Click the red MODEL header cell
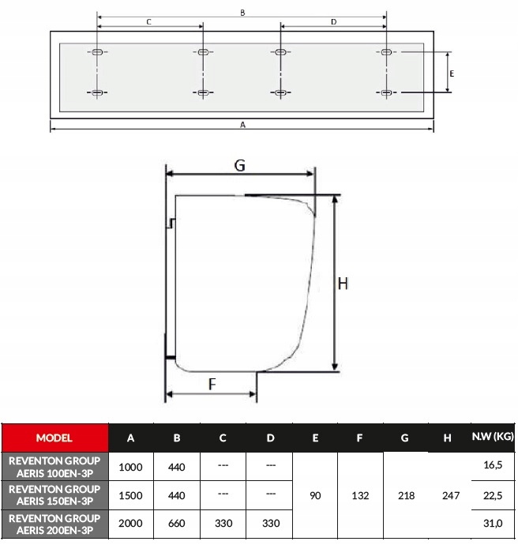pyautogui.click(x=55, y=438)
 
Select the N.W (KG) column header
pyautogui.click(x=493, y=437)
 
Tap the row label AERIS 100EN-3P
pyautogui.click(x=55, y=467)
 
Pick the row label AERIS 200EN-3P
pyautogui.click(x=55, y=524)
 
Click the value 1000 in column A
pyautogui.click(x=130, y=467)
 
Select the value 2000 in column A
pyautogui.click(x=130, y=523)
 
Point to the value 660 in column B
pyautogui.click(x=177, y=523)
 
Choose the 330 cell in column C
pyautogui.click(x=223, y=523)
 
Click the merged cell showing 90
pyautogui.click(x=315, y=495)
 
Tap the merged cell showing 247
pyautogui.click(x=451, y=495)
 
